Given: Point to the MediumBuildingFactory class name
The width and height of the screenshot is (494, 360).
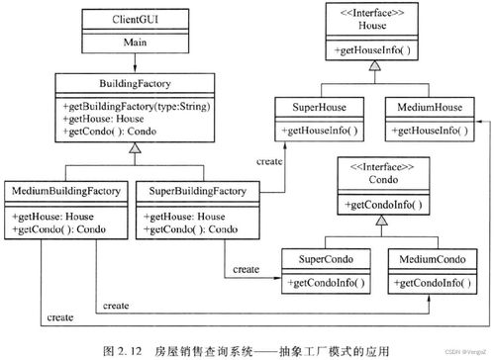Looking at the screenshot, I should [x=65, y=189].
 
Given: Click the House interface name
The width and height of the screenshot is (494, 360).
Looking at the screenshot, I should [x=371, y=26].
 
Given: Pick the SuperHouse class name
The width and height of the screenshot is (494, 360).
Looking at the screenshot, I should [x=313, y=106].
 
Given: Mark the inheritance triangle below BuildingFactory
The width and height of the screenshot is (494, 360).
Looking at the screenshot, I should [x=133, y=150].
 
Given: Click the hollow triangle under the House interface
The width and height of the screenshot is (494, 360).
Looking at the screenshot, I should [x=371, y=67].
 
